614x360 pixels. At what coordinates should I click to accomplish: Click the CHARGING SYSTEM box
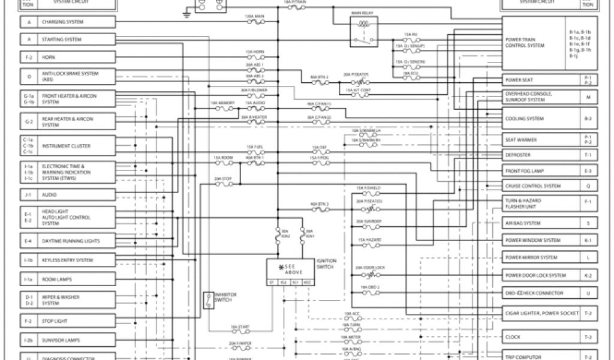76,22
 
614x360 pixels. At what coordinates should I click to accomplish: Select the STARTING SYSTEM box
76,40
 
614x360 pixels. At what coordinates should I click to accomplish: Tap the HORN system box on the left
76,58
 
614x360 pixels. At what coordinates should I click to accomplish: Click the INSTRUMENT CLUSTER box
76,146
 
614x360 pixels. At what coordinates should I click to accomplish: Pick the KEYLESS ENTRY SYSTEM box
76,260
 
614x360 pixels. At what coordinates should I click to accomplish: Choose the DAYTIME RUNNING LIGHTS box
76,241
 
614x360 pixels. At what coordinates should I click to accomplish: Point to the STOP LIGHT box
76,321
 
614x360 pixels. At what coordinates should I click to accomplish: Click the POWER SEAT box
541,80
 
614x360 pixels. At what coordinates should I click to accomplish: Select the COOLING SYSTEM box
541,119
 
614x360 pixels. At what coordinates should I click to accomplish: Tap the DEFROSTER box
541,155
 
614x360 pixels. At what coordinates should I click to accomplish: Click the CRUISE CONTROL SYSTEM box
541,186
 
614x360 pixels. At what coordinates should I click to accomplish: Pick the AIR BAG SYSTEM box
541,223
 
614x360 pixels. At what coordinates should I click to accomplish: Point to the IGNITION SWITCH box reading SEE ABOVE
291,269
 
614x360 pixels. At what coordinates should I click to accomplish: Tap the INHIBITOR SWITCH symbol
208,301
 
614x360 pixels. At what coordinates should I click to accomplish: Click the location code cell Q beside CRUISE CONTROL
588,186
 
